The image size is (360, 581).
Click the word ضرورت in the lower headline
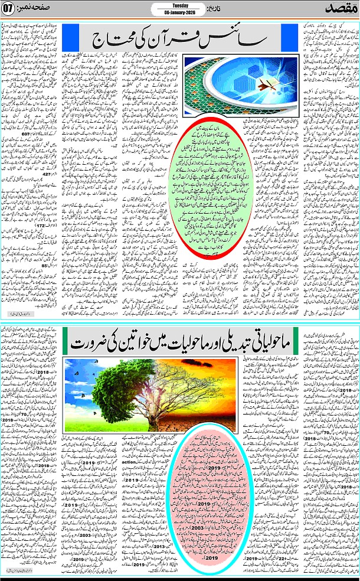(94, 342)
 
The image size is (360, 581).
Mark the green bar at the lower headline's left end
(68, 342)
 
